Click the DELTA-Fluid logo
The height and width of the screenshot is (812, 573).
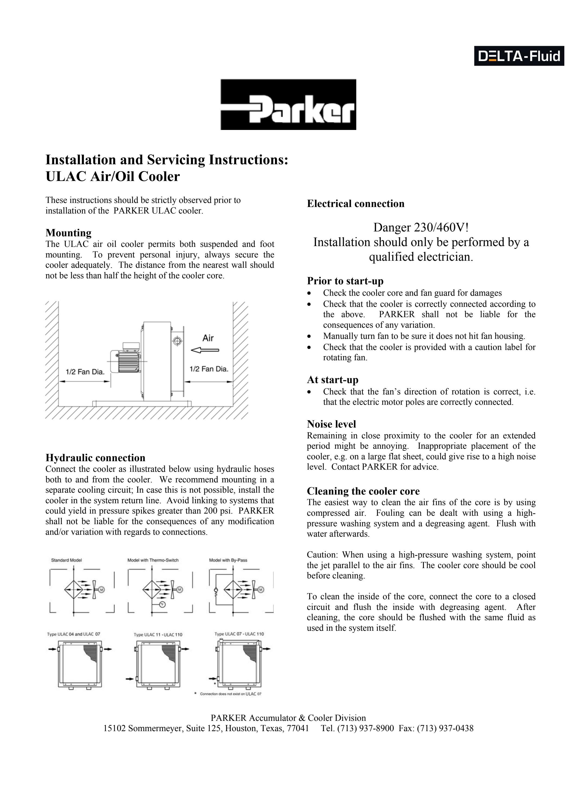coord(519,56)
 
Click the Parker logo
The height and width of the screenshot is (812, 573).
coord(288,105)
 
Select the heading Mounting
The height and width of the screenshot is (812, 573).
coord(69,233)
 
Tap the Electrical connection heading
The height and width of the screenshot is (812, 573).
coord(355,204)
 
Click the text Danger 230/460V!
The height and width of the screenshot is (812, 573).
coord(421,227)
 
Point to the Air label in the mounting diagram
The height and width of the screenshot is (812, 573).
coord(208,338)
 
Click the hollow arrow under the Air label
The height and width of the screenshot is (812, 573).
coord(205,350)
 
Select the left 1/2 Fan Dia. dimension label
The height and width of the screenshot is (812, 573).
coord(85,372)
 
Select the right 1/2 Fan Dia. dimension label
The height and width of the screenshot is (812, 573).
coord(209,369)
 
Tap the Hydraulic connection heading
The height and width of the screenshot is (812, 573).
coord(95,458)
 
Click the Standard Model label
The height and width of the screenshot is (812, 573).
coord(66,560)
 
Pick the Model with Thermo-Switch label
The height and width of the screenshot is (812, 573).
coord(153,560)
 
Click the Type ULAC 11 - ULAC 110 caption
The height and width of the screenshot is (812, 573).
coord(158,635)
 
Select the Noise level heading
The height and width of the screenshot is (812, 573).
coord(331,424)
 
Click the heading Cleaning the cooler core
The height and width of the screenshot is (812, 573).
coord(363,491)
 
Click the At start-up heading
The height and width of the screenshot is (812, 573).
coord(332,380)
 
